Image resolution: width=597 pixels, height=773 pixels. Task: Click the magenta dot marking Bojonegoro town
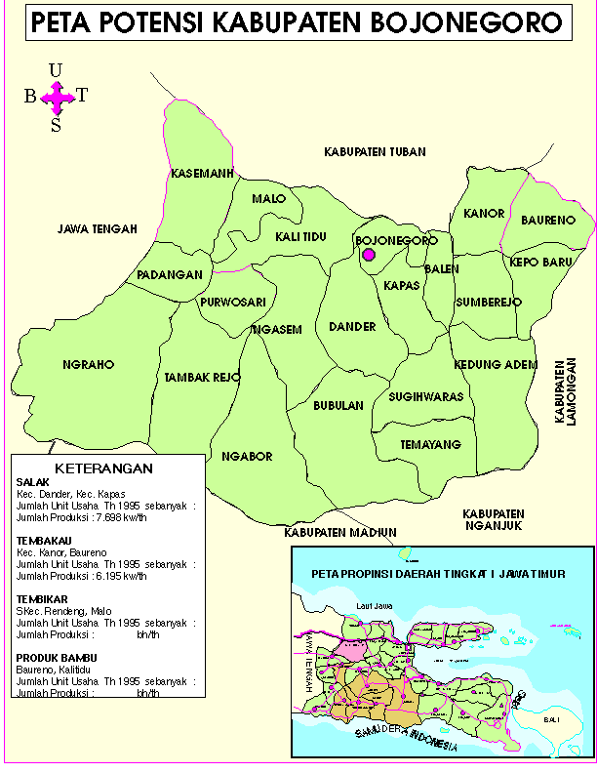pos(369,255)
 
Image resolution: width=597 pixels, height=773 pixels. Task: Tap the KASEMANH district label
pos(200,174)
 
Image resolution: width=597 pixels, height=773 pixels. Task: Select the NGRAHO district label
pos(89,365)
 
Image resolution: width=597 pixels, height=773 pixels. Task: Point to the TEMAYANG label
pos(430,445)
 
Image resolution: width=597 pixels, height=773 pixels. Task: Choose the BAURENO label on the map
pos(547,221)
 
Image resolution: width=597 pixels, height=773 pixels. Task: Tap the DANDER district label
pos(352,326)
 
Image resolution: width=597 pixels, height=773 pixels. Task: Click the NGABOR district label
pos(247,457)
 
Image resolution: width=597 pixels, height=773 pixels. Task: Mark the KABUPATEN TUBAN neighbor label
pos(369,151)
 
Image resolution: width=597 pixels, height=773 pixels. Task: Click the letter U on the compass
pos(56,69)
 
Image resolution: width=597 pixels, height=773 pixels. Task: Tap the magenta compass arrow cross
pos(57,96)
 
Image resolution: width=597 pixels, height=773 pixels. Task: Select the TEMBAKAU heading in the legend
pos(41,539)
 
